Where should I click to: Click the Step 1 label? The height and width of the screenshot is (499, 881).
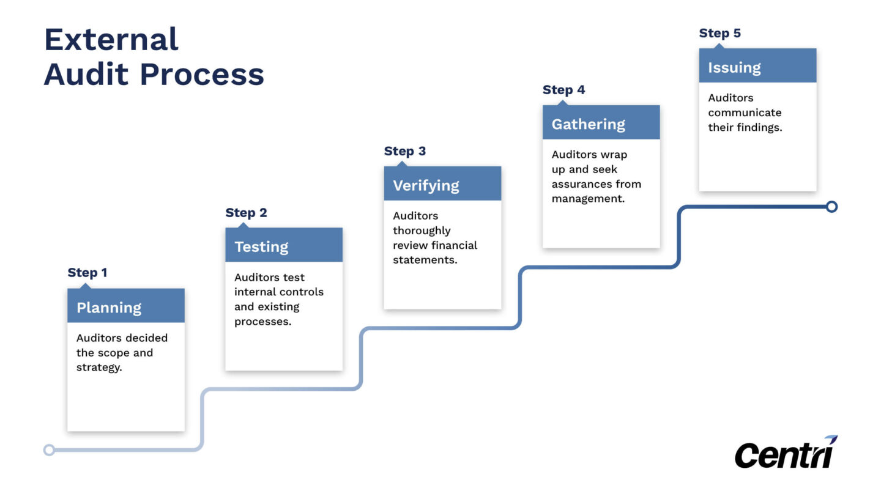[x=87, y=273]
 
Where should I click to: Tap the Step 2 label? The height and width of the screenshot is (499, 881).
[x=246, y=213]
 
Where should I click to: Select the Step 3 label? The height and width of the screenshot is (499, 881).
[x=404, y=151]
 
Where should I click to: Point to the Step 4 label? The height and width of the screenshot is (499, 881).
[x=563, y=90]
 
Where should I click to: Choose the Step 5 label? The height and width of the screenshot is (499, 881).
[x=719, y=33]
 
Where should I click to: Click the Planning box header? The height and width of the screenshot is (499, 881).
[x=125, y=307]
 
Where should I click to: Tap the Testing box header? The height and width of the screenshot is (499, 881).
[x=283, y=246]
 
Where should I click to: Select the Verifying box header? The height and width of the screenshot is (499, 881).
[x=442, y=185]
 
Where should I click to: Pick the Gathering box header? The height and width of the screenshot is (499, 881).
[x=601, y=124]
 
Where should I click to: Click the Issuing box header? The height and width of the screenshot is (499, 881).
[x=757, y=67]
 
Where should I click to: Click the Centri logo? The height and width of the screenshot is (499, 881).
[x=786, y=453]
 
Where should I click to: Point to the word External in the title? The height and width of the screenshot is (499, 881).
[x=111, y=40]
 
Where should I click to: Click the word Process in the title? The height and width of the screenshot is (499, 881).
[x=202, y=75]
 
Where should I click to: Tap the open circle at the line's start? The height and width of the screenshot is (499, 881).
[x=50, y=450]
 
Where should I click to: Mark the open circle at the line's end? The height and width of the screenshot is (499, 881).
[x=831, y=207]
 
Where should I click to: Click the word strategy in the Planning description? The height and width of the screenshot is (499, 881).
[x=99, y=368]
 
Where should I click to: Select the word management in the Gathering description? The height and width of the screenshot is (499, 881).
[x=587, y=199]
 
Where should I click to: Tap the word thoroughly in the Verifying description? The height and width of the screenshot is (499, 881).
[x=422, y=231]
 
